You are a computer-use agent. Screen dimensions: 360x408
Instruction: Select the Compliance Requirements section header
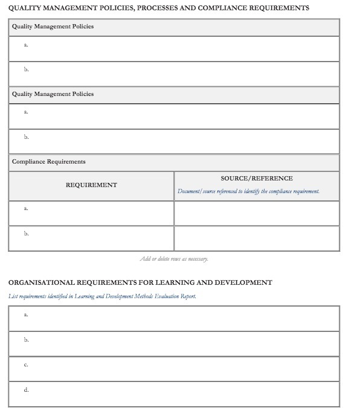tap(49, 162)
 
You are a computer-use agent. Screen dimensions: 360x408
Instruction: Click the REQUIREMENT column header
tap(91, 185)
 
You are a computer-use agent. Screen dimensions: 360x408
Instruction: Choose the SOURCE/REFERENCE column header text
tap(257, 178)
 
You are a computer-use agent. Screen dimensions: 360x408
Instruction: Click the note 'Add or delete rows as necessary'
tap(174, 259)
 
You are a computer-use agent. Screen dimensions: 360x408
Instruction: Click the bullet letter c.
tap(26, 365)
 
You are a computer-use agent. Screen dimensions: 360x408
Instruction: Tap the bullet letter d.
tap(26, 390)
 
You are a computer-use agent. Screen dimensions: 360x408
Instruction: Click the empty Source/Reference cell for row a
tap(257, 212)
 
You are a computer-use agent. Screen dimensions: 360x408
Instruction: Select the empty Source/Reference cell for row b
tap(257, 238)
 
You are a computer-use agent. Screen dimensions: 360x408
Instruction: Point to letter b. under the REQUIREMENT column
tap(26, 234)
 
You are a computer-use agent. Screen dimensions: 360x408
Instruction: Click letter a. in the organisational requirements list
tap(26, 314)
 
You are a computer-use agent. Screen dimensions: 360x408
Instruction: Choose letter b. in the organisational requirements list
tap(26, 340)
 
